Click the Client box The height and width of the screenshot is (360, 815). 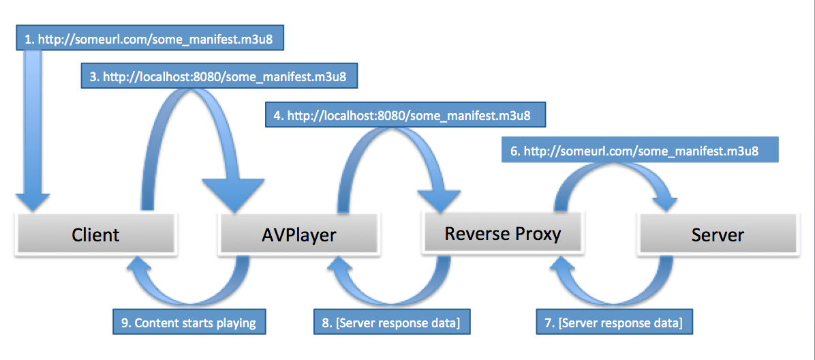pos(95,235)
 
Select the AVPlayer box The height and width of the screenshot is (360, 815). pos(298,235)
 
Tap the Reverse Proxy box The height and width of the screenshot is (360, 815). pos(502,234)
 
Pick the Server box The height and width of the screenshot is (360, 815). pos(718,235)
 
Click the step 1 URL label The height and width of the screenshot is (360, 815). pos(149,40)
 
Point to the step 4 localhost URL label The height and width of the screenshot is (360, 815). pos(406,116)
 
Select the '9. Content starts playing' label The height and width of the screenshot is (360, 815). pos(189,322)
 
